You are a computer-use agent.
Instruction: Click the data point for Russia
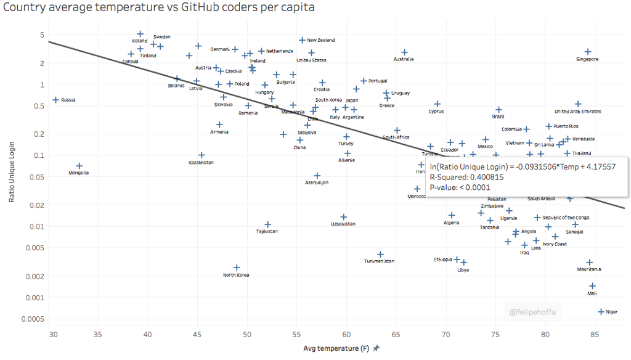55,100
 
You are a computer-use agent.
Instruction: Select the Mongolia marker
79,166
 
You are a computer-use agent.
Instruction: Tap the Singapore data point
588,52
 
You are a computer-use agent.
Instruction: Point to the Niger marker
601,312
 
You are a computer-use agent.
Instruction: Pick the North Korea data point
237,268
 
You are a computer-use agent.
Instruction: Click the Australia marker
404,52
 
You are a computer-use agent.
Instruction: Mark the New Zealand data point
302,40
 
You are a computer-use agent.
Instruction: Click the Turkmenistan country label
379,261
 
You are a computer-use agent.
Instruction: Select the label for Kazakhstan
201,162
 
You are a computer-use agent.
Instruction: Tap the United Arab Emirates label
577,112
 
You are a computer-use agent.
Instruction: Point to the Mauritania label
589,269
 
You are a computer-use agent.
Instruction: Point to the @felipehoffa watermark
532,313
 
